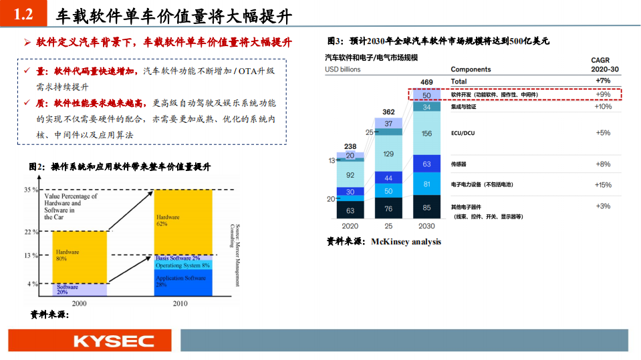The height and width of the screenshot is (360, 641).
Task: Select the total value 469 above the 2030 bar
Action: coord(426,82)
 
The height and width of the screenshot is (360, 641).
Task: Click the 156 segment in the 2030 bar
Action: coord(426,134)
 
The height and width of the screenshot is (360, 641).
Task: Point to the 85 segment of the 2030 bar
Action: coord(426,208)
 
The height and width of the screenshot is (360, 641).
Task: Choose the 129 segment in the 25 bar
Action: coord(388,154)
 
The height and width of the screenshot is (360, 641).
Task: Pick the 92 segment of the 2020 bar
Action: coord(350,175)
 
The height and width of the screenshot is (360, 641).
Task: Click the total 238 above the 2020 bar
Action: coord(350,146)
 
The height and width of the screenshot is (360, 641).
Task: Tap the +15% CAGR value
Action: coord(603,185)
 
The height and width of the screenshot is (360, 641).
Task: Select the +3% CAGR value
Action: coord(603,206)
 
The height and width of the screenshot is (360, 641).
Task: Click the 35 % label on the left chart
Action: coord(31,190)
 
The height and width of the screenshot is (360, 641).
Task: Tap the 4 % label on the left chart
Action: coord(32,285)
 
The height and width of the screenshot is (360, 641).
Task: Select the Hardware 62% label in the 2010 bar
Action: coord(167,221)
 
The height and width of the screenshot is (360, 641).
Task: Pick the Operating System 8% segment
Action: coord(182,265)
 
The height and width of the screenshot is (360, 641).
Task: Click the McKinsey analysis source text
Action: coord(406,242)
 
